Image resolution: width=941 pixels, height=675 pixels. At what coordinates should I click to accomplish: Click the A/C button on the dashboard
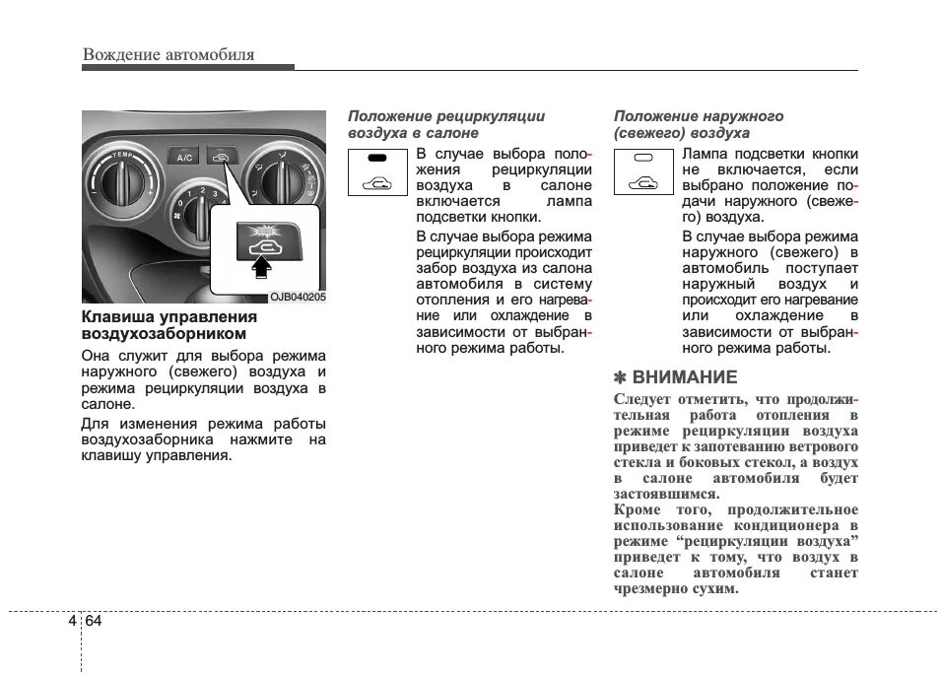pos(183,156)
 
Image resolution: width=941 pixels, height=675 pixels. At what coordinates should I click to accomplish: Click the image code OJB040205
pos(298,297)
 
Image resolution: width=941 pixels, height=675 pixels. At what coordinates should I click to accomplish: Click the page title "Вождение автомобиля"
pos(168,54)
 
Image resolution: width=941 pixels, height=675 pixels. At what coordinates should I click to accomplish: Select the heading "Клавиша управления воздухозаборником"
pos(168,325)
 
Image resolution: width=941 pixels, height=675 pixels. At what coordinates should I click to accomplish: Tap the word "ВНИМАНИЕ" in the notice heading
pos(684,377)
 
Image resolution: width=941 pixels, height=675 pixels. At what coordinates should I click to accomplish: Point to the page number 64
pos(93,621)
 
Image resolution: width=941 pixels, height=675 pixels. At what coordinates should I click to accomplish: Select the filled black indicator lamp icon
pos(377,158)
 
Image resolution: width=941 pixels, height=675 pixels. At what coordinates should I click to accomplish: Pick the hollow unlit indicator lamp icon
pos(643,158)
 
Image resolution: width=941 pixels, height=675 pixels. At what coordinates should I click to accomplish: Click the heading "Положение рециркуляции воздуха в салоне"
pos(445,124)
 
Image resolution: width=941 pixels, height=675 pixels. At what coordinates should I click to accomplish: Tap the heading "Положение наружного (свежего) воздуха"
pos(699,124)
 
